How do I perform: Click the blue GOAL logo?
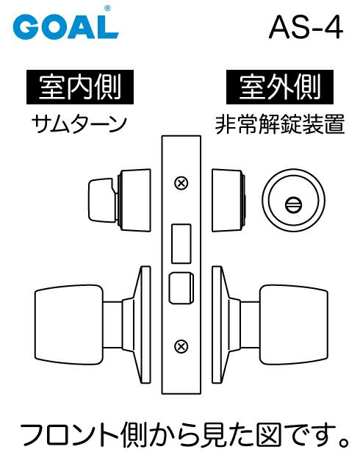click(65, 26)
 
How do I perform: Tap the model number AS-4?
click(306, 28)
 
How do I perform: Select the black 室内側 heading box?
click(80, 87)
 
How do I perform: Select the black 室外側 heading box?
click(280, 87)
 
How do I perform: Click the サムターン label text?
click(79, 124)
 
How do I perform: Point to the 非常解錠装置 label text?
click(280, 124)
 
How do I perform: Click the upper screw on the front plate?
click(181, 183)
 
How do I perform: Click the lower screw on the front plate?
click(181, 346)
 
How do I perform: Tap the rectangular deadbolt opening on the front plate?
click(181, 244)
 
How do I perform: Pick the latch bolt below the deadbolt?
click(181, 288)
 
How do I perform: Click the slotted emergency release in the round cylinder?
click(293, 204)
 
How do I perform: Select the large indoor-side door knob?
click(69, 324)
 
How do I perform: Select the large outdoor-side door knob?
click(294, 324)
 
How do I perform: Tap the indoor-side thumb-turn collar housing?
click(134, 200)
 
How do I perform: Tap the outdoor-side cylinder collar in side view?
click(228, 200)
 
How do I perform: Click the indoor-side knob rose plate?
click(137, 324)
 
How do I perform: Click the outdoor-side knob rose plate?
click(226, 324)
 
